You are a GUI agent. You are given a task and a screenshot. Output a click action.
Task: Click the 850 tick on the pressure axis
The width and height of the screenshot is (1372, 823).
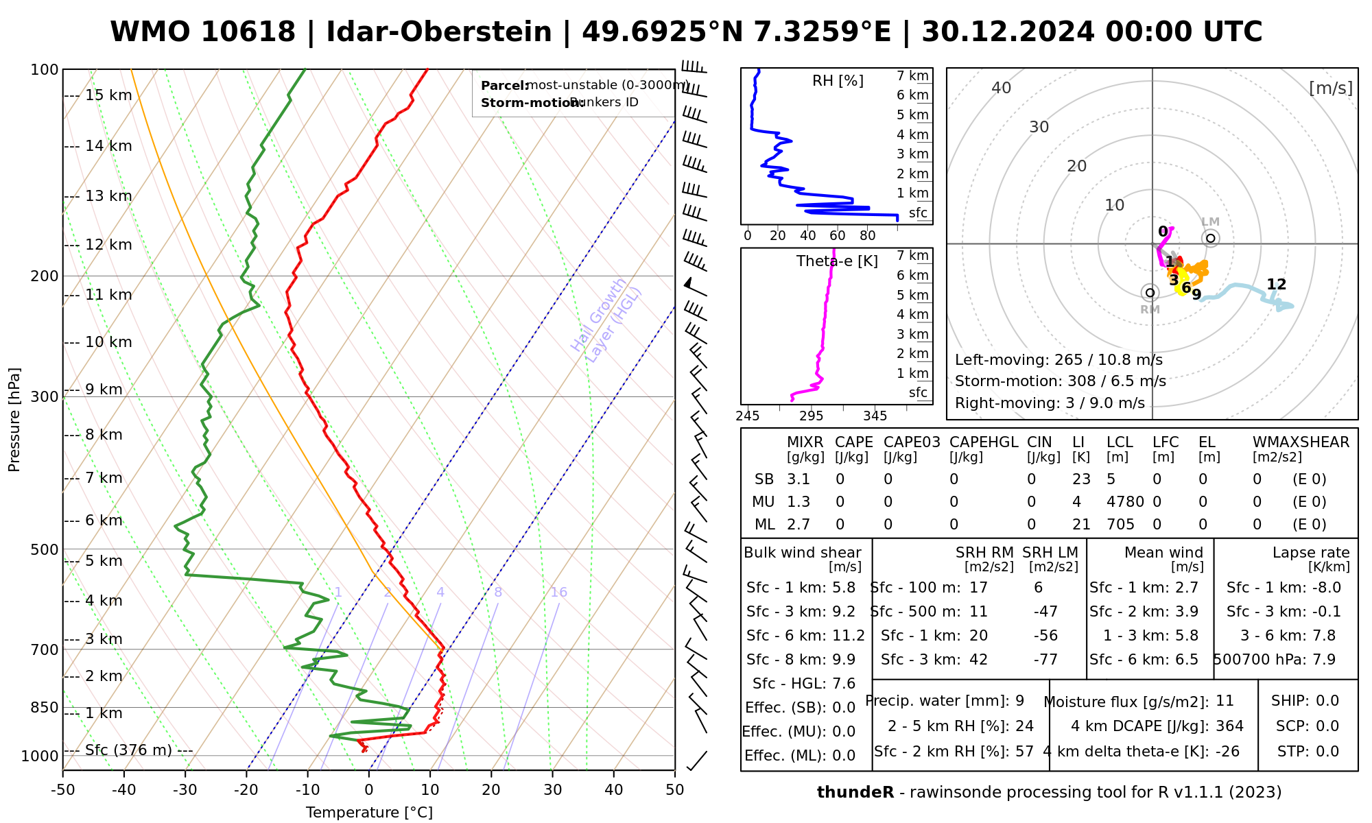(45, 707)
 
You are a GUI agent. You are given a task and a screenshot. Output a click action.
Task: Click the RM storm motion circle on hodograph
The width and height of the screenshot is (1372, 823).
(1150, 293)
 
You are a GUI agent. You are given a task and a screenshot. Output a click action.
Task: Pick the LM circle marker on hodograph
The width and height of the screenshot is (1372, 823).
(1211, 238)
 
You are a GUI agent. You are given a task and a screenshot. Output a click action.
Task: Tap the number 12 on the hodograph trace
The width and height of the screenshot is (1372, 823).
(1276, 285)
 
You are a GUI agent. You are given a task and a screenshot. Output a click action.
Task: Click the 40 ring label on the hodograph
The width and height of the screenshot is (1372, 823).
(1002, 88)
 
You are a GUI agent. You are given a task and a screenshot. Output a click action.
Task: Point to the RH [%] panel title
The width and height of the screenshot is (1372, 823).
(838, 81)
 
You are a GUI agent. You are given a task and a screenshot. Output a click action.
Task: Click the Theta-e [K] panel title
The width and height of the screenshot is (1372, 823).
(837, 261)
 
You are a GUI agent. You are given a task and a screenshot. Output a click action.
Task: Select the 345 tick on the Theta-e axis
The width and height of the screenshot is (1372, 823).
(875, 416)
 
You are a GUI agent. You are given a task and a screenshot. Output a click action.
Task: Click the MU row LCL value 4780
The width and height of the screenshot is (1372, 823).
(1125, 502)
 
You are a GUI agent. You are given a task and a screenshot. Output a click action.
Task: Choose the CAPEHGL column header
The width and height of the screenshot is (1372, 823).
(984, 442)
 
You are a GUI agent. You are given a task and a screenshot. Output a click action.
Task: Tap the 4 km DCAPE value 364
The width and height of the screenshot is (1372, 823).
(1229, 726)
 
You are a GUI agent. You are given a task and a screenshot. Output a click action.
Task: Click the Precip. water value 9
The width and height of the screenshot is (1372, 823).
(1019, 701)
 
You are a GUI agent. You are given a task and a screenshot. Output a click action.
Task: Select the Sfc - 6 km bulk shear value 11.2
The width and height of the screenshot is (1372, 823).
(849, 636)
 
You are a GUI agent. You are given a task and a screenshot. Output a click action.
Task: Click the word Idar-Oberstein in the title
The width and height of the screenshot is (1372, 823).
(439, 32)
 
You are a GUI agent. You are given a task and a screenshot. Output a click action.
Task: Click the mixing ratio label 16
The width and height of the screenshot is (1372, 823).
(558, 593)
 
